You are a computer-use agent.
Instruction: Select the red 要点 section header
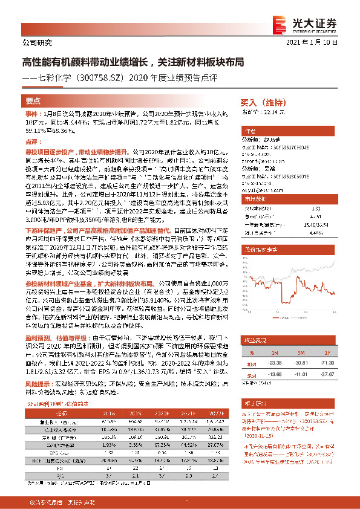[33, 102]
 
